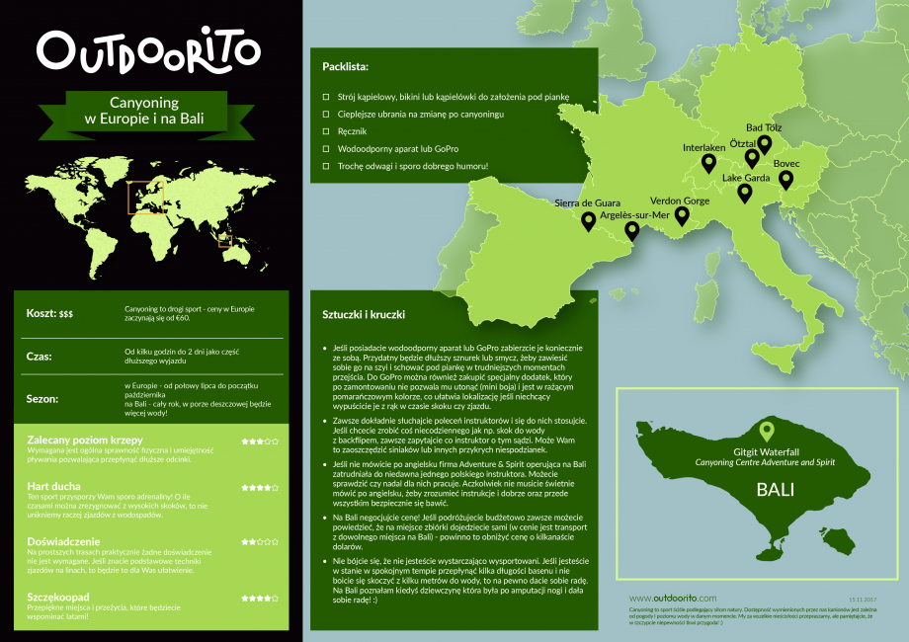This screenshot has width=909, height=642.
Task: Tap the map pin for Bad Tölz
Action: point(764,144)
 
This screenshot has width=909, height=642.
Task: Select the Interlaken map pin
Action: point(708,163)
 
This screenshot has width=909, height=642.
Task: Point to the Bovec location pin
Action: point(785,179)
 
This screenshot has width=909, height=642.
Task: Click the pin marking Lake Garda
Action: point(745,193)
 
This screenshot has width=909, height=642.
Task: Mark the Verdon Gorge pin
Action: point(682,215)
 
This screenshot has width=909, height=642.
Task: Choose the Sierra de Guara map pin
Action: point(589,221)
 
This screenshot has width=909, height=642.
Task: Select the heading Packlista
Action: point(345,68)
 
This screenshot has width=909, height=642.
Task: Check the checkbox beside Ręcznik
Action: point(326,131)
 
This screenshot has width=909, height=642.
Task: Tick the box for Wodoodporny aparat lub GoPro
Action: point(326,149)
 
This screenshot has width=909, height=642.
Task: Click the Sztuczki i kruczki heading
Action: point(365,314)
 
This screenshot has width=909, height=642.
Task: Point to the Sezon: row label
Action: point(46,399)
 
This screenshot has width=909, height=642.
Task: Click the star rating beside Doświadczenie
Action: point(259,542)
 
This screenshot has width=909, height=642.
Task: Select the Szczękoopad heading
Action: point(59,597)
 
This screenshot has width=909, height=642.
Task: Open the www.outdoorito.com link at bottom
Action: point(672,599)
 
